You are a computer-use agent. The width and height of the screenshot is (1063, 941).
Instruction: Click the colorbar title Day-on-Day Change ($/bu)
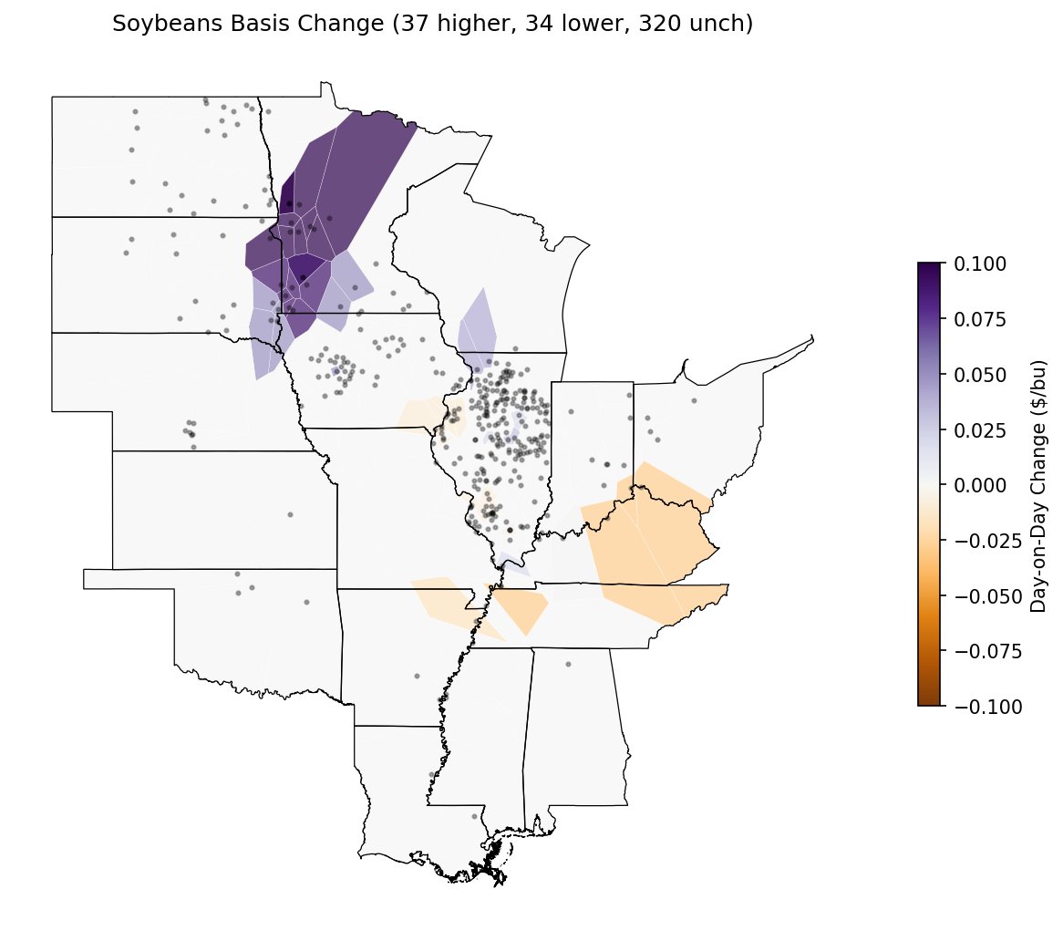(1038, 485)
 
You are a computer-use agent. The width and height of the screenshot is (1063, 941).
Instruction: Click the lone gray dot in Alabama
(568, 665)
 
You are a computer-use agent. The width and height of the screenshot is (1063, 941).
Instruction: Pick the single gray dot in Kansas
(290, 514)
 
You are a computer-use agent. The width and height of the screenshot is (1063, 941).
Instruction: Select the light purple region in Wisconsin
(478, 324)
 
